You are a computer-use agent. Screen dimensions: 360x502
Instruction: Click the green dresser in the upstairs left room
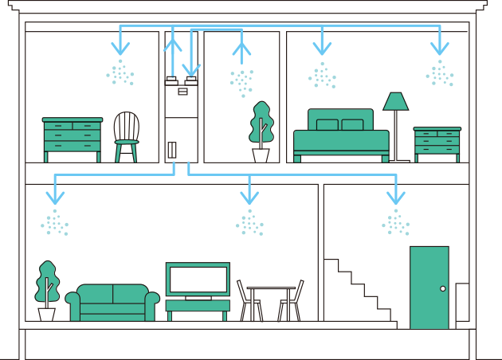pos(73,137)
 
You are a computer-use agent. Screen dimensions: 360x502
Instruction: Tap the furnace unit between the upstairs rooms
pos(182,119)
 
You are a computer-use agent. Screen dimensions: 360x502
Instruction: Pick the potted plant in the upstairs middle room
pos(261,131)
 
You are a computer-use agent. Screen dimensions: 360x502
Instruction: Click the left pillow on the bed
pos(327,125)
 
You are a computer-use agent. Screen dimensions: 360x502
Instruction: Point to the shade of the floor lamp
pos(395,101)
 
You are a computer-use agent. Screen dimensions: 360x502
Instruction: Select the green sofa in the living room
pos(112,302)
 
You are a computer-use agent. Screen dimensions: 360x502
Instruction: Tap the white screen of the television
pos(198,279)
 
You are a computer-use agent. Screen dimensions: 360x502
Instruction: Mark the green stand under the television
pos(198,306)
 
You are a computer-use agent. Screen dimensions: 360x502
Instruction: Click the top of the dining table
pos(271,288)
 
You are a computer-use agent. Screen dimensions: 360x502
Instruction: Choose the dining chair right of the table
pos(292,301)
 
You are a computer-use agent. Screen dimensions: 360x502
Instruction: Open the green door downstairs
pos(429,287)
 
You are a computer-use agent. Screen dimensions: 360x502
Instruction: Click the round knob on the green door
pos(443,288)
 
